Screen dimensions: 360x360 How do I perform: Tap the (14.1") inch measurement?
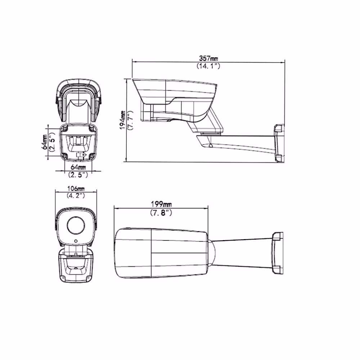click(x=208, y=66)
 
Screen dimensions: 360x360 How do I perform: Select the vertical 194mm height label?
click(x=122, y=120)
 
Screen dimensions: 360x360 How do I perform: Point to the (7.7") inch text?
click(x=130, y=121)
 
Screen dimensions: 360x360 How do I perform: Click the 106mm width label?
click(x=76, y=189)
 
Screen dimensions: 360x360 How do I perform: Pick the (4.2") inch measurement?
click(x=76, y=195)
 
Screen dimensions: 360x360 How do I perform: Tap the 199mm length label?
click(x=161, y=204)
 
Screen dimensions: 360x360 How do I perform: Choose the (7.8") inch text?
click(x=161, y=213)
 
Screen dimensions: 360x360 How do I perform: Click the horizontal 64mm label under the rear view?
click(x=78, y=167)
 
